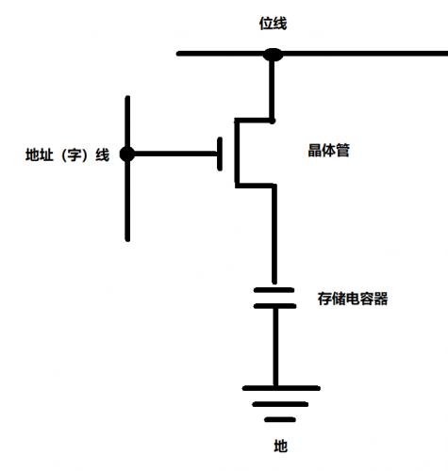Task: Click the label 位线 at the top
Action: tap(273, 24)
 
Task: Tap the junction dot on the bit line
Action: tap(273, 55)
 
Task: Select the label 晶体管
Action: tap(329, 150)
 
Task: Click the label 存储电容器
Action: tap(353, 299)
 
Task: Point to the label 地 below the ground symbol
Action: tap(281, 446)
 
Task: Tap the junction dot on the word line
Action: tap(127, 154)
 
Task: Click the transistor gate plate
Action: tap(220, 154)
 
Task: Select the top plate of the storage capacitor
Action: tap(274, 290)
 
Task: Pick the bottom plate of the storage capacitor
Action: tap(274, 306)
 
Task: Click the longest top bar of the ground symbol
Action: tap(281, 388)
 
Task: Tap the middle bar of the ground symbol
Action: tap(280, 404)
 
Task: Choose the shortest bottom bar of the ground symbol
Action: tap(280, 419)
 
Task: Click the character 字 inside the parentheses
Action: tap(74, 154)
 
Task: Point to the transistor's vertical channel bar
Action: tap(237, 153)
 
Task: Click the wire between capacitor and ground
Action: tap(275, 347)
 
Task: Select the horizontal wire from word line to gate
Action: tap(175, 154)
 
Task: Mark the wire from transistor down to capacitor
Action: tap(274, 235)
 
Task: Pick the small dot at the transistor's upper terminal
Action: tap(273, 121)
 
